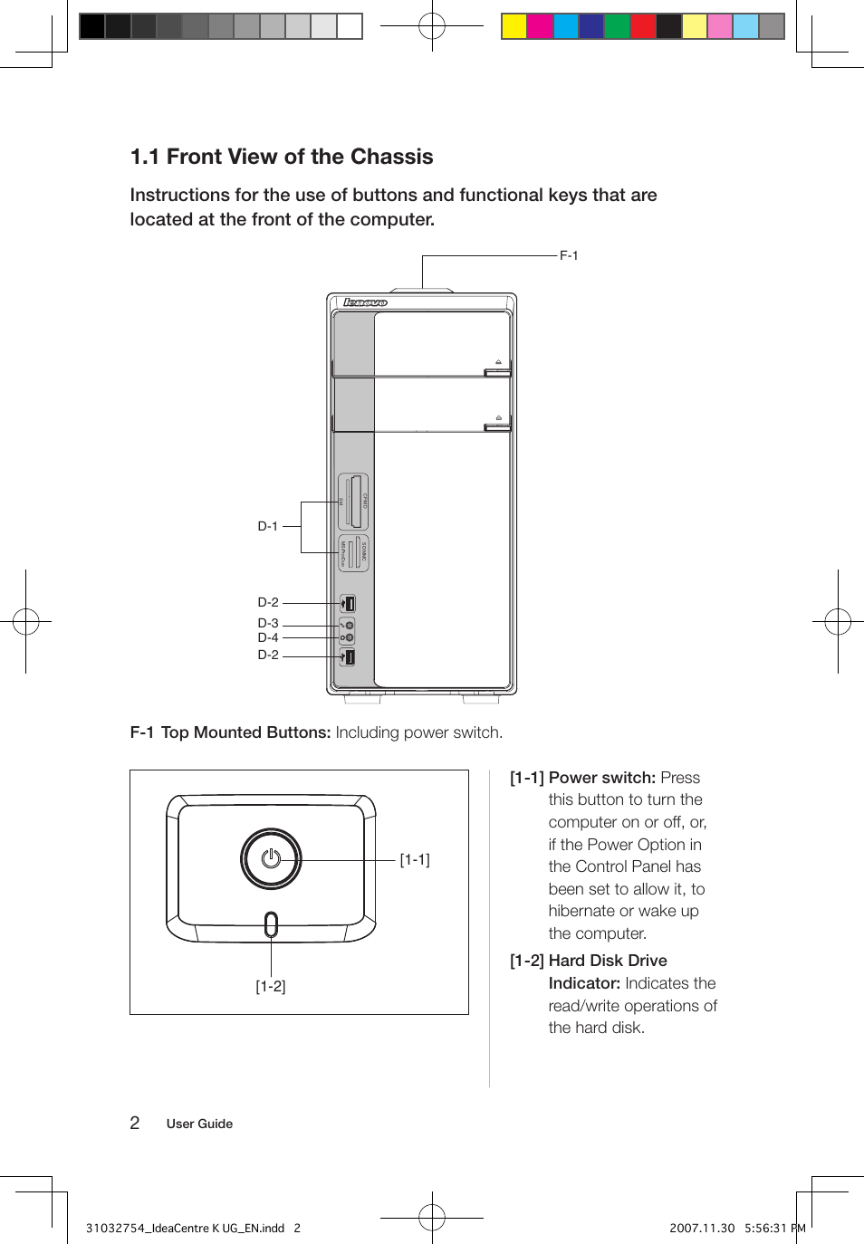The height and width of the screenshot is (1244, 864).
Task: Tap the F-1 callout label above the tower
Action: point(569,255)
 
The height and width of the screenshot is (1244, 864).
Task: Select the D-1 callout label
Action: point(267,526)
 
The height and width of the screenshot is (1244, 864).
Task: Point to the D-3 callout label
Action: point(267,623)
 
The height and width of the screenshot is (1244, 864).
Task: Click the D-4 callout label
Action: point(267,637)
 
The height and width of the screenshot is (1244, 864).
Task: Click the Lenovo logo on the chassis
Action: point(365,302)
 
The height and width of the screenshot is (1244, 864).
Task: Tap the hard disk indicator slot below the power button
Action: point(271,924)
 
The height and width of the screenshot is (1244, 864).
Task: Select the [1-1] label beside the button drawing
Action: point(415,859)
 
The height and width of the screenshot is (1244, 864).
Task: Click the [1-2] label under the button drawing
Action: point(270,986)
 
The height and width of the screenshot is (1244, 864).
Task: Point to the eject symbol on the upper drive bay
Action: point(498,361)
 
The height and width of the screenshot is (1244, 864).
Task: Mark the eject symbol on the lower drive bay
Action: point(498,417)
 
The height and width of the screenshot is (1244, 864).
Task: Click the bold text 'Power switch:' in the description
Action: point(601,778)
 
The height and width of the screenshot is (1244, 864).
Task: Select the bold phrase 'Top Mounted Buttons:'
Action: point(245,732)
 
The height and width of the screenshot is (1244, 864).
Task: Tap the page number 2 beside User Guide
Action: point(135,1123)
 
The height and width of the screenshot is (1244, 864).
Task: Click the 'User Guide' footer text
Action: point(199,1124)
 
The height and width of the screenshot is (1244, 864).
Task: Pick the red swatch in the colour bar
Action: point(643,26)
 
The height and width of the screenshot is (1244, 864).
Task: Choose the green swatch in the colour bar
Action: point(617,26)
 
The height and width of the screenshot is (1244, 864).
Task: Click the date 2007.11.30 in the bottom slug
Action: point(702,1228)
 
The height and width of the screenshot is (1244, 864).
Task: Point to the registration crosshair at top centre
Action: point(432,26)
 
